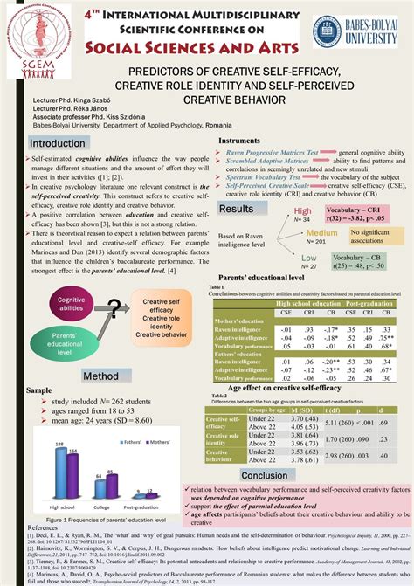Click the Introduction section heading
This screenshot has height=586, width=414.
click(58, 143)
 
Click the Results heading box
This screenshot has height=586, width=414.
click(237, 209)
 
